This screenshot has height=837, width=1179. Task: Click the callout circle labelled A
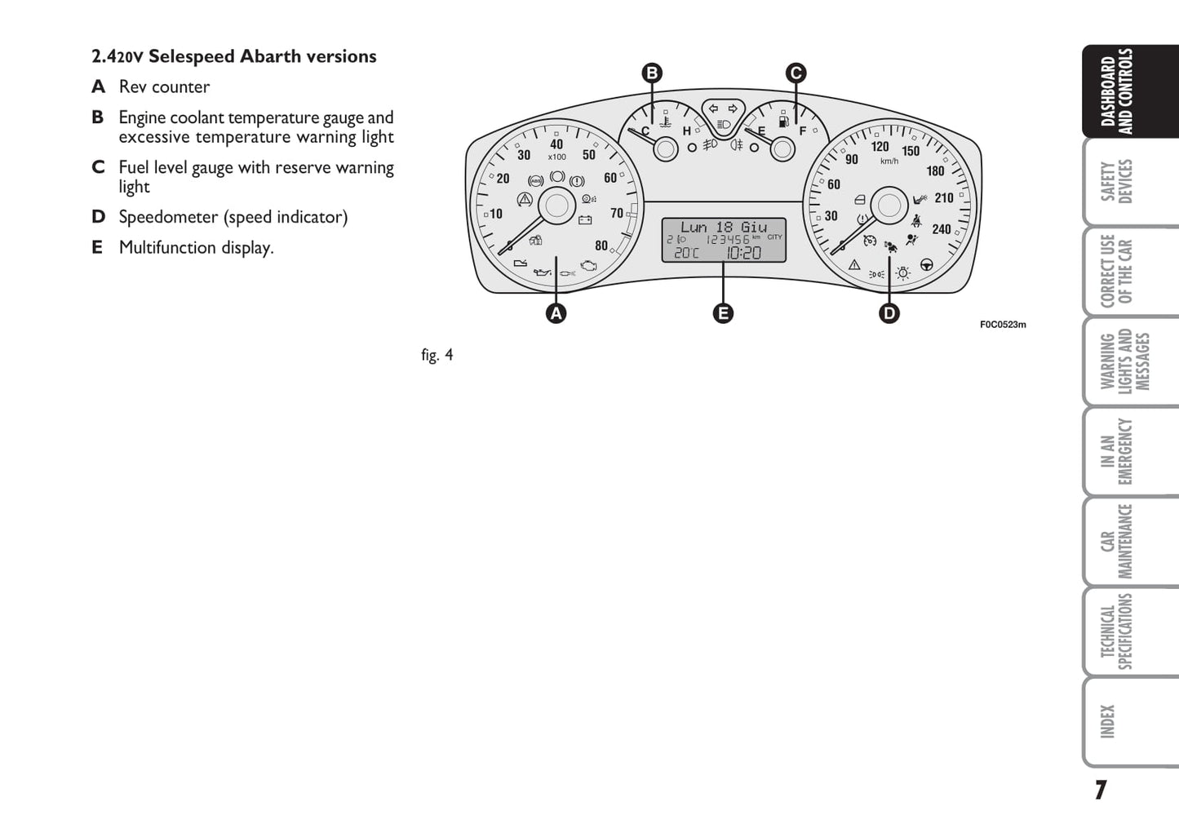(556, 314)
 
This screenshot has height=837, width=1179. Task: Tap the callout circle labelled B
(652, 73)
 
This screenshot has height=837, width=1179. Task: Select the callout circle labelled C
(796, 73)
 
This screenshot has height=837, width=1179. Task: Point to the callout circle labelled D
(889, 314)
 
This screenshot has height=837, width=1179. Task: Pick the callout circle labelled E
(723, 314)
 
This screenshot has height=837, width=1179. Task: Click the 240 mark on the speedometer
(942, 229)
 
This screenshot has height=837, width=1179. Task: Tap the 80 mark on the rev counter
(601, 246)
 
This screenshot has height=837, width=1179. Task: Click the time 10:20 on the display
(743, 253)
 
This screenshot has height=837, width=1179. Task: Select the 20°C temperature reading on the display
(686, 253)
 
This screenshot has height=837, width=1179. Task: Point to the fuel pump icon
(784, 122)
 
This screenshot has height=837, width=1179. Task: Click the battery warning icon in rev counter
(585, 219)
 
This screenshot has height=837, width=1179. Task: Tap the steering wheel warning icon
(926, 265)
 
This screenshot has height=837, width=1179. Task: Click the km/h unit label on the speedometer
(889, 161)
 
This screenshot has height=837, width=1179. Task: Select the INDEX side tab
(1107, 722)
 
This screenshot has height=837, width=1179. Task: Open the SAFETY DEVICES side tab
(1116, 182)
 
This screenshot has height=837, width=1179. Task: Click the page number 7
(1101, 790)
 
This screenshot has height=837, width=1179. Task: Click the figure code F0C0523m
(1003, 325)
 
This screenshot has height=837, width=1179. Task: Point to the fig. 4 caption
(437, 355)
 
